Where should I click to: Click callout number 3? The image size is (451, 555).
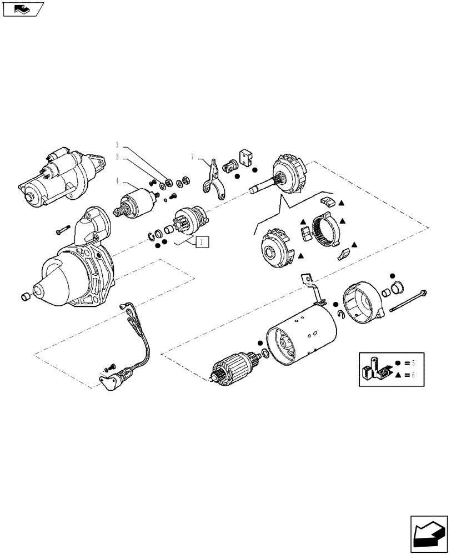117,145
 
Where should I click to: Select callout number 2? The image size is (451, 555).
117,157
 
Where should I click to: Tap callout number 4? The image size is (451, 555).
117,179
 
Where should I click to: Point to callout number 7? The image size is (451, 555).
193,157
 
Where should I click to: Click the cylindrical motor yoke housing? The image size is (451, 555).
303,338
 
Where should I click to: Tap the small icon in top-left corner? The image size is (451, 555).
23,9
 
